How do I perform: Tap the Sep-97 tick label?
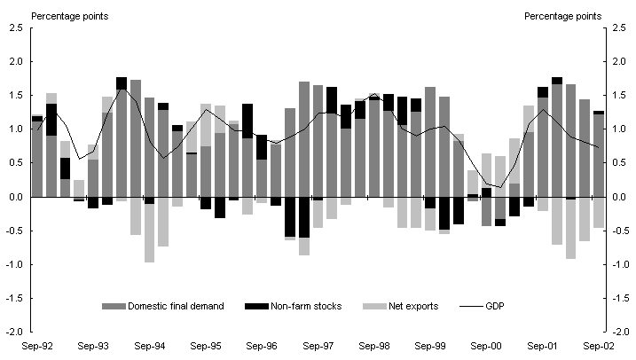point(317,346)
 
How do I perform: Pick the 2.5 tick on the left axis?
point(14,29)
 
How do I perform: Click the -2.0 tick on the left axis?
point(12,332)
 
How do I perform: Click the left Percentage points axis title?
point(65,15)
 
